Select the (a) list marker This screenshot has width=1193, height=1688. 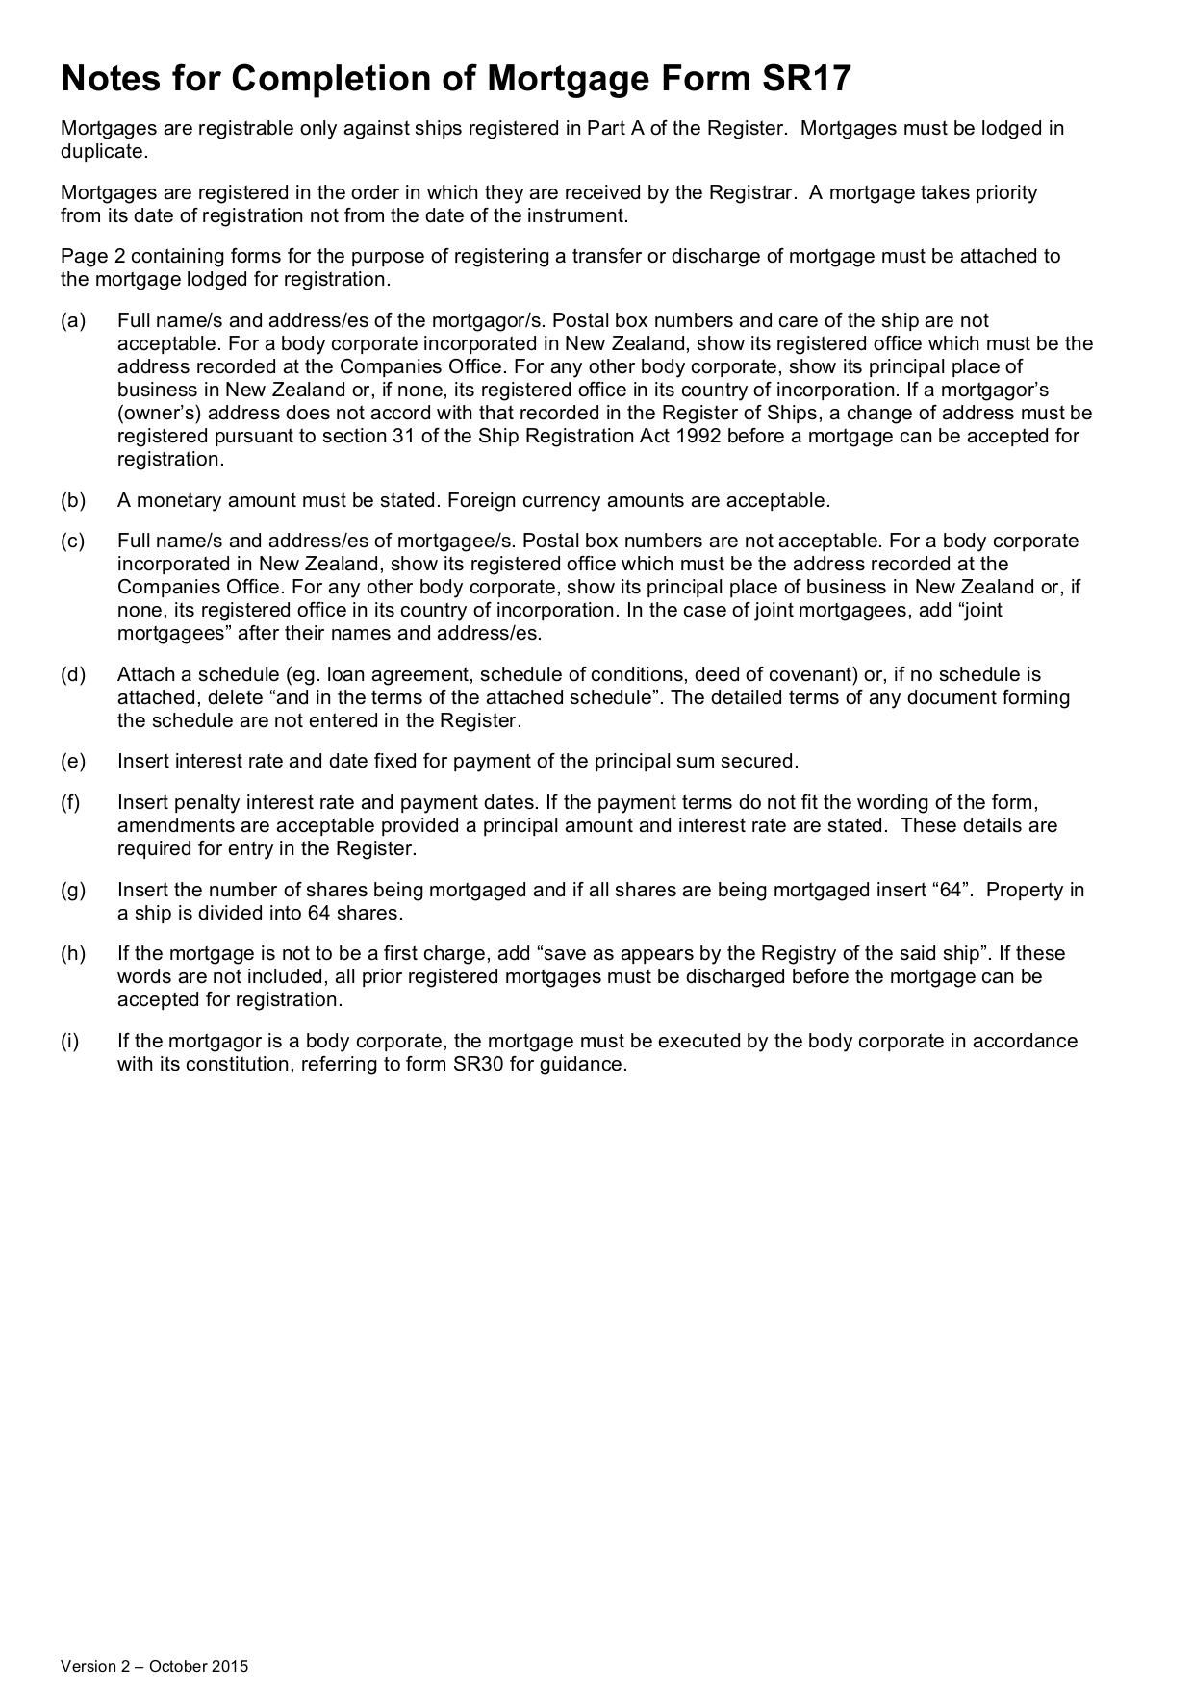point(73,320)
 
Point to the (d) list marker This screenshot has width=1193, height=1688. point(73,674)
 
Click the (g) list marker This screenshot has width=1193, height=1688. point(73,890)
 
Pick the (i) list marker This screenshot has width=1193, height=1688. point(70,1041)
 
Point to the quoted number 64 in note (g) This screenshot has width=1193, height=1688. point(952,890)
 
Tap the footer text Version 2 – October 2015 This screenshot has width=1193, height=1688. point(154,1666)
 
